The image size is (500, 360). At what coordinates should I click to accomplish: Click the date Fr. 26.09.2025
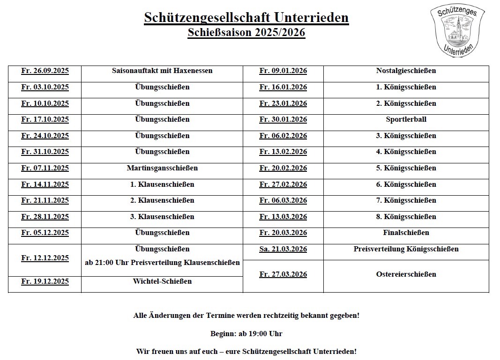click(45, 71)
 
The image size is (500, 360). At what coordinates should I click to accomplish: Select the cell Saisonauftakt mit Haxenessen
click(162, 71)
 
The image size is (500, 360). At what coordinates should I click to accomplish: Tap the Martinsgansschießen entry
click(162, 168)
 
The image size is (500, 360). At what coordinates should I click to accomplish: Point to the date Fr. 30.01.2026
click(283, 119)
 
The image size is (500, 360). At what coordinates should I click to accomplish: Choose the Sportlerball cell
click(406, 119)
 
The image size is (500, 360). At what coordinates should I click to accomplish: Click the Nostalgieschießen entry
click(406, 71)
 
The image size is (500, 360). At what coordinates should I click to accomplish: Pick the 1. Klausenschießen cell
click(162, 184)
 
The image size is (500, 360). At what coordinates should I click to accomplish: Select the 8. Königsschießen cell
click(406, 217)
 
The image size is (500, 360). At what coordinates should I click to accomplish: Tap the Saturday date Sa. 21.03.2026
click(283, 249)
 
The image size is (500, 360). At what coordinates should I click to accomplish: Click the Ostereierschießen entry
click(406, 274)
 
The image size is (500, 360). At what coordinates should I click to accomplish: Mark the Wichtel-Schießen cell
click(162, 281)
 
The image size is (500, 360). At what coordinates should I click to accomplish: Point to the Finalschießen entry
click(406, 233)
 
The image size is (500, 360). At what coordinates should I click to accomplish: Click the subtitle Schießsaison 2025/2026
click(246, 33)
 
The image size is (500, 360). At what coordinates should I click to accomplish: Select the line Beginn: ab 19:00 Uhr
click(246, 334)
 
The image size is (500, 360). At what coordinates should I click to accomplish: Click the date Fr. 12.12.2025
click(45, 258)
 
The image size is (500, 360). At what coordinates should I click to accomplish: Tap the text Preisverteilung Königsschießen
click(406, 249)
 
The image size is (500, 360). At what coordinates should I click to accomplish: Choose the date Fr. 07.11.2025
click(45, 168)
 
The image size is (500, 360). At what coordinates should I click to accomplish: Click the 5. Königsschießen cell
click(406, 168)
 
